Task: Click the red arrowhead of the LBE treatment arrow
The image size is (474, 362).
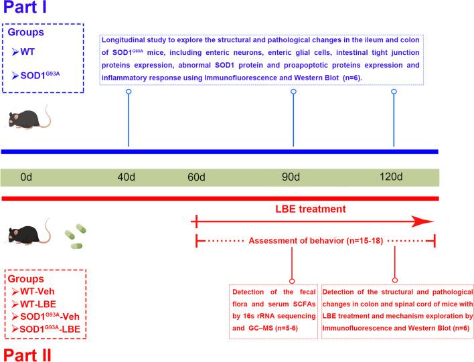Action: [x=423, y=222]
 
